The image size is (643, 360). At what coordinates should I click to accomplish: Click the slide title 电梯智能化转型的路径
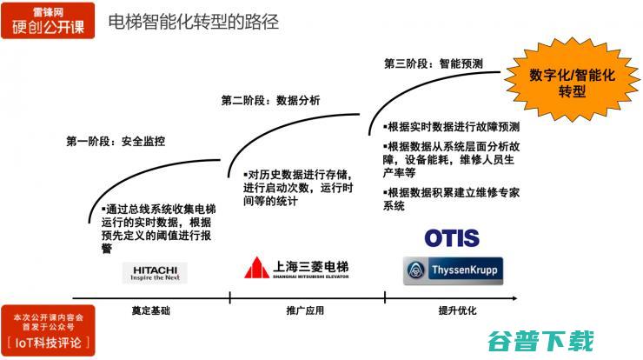(x=194, y=22)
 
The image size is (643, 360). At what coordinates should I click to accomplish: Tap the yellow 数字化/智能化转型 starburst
(x=572, y=83)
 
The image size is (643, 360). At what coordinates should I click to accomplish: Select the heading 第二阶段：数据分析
(x=270, y=101)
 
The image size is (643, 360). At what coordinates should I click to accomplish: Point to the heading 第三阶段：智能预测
(x=433, y=63)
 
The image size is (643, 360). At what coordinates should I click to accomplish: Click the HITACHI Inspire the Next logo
(x=155, y=272)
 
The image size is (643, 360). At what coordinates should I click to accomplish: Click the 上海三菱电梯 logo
(x=297, y=268)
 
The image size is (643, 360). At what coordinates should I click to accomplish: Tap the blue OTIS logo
(x=452, y=237)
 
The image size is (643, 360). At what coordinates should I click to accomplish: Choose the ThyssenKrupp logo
(x=452, y=270)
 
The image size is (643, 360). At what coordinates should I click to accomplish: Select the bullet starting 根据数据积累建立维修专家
(x=451, y=199)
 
